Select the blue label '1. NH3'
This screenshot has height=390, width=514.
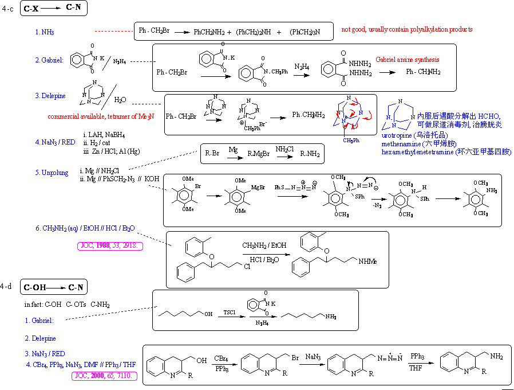pos(45,32)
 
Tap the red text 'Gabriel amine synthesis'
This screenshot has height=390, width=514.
pos(408,60)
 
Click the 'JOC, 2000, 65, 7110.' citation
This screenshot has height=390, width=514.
pos(105,376)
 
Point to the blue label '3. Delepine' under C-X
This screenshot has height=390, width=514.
pos(50,96)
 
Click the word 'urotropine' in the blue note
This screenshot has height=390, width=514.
pos(396,134)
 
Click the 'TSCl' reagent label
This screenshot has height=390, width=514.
pos(230,312)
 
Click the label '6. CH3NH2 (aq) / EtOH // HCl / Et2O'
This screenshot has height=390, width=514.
pos(85,228)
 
